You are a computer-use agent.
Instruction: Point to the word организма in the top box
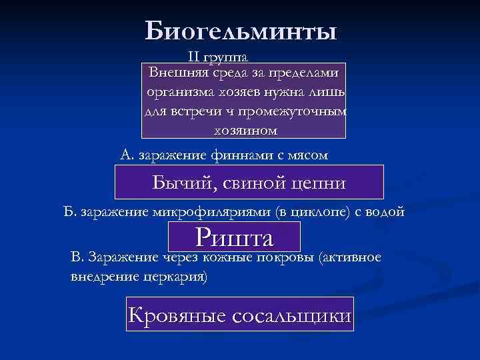coord(179,91)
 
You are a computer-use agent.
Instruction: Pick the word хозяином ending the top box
coord(245,129)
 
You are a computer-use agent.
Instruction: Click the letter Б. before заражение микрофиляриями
coord(69,212)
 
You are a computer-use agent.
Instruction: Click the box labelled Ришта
coord(235,237)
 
